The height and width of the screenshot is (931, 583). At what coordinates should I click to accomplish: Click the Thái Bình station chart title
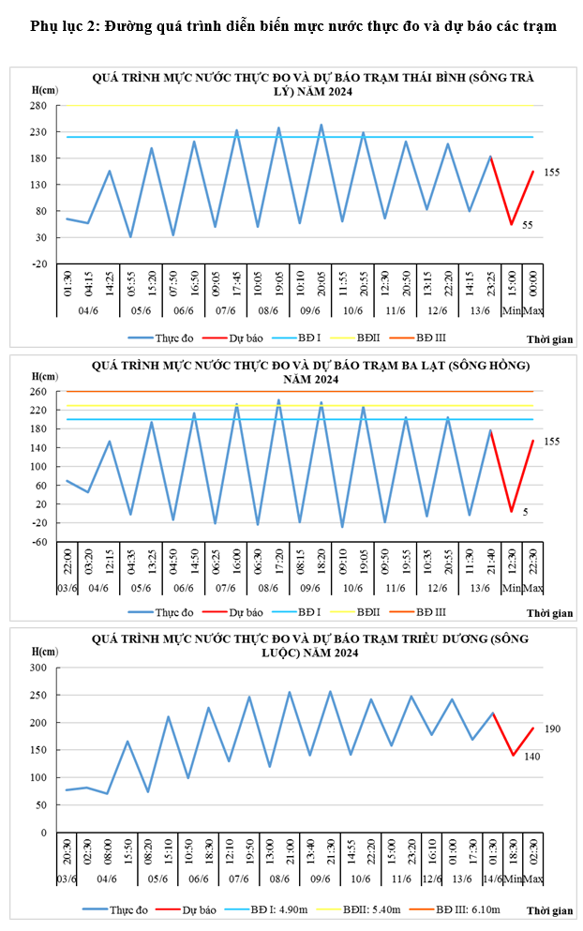pyautogui.click(x=313, y=84)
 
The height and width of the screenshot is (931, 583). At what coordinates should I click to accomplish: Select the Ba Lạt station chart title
pyautogui.click(x=313, y=371)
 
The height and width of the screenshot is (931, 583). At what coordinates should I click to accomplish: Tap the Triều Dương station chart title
pyautogui.click(x=313, y=645)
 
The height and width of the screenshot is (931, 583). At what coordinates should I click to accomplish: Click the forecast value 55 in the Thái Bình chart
pyautogui.click(x=528, y=225)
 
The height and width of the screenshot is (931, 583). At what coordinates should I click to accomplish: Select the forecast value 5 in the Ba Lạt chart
pyautogui.click(x=526, y=512)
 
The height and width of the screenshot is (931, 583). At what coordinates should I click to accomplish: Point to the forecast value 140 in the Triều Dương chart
pyautogui.click(x=531, y=757)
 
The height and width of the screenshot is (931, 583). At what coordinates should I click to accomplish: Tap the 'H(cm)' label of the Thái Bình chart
pyautogui.click(x=45, y=89)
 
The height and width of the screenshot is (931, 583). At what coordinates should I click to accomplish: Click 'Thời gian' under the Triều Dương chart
pyautogui.click(x=549, y=910)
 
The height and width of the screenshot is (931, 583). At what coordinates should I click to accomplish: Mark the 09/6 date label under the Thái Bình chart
pyautogui.click(x=310, y=310)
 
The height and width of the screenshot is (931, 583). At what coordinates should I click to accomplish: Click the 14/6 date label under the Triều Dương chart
pyautogui.click(x=492, y=878)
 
